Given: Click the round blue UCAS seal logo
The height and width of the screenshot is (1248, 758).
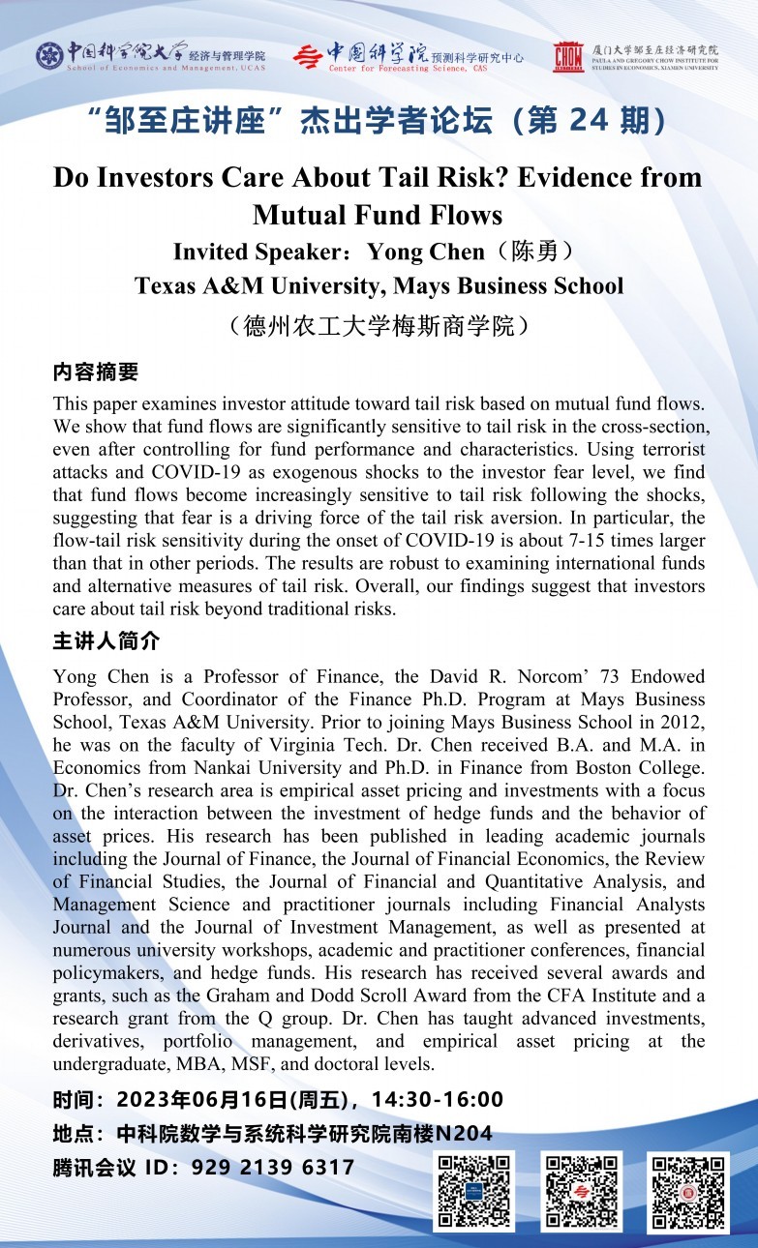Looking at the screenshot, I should tap(49, 56).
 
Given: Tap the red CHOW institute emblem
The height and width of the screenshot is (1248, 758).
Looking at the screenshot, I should tap(568, 57).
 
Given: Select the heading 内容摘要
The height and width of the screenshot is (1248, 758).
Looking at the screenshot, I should tap(96, 371).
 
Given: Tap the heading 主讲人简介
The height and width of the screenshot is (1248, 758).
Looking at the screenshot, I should tap(106, 641).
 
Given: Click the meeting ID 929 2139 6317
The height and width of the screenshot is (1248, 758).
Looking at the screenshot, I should tap(273, 1168).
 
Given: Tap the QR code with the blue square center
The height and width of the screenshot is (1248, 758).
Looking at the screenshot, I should tap(473, 1191).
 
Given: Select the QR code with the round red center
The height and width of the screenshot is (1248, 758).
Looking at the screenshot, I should tap(687, 1192).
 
